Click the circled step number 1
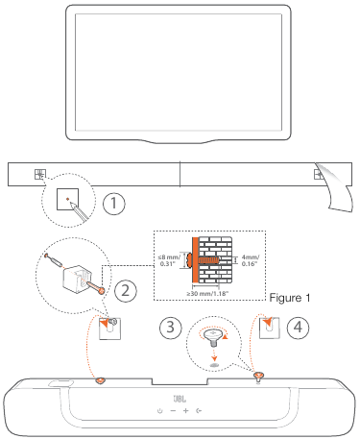(x=114, y=204)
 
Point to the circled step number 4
(x=299, y=325)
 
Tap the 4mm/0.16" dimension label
(x=249, y=259)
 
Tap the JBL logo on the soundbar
(x=179, y=395)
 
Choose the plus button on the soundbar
(x=185, y=410)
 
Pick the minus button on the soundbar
(x=172, y=410)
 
